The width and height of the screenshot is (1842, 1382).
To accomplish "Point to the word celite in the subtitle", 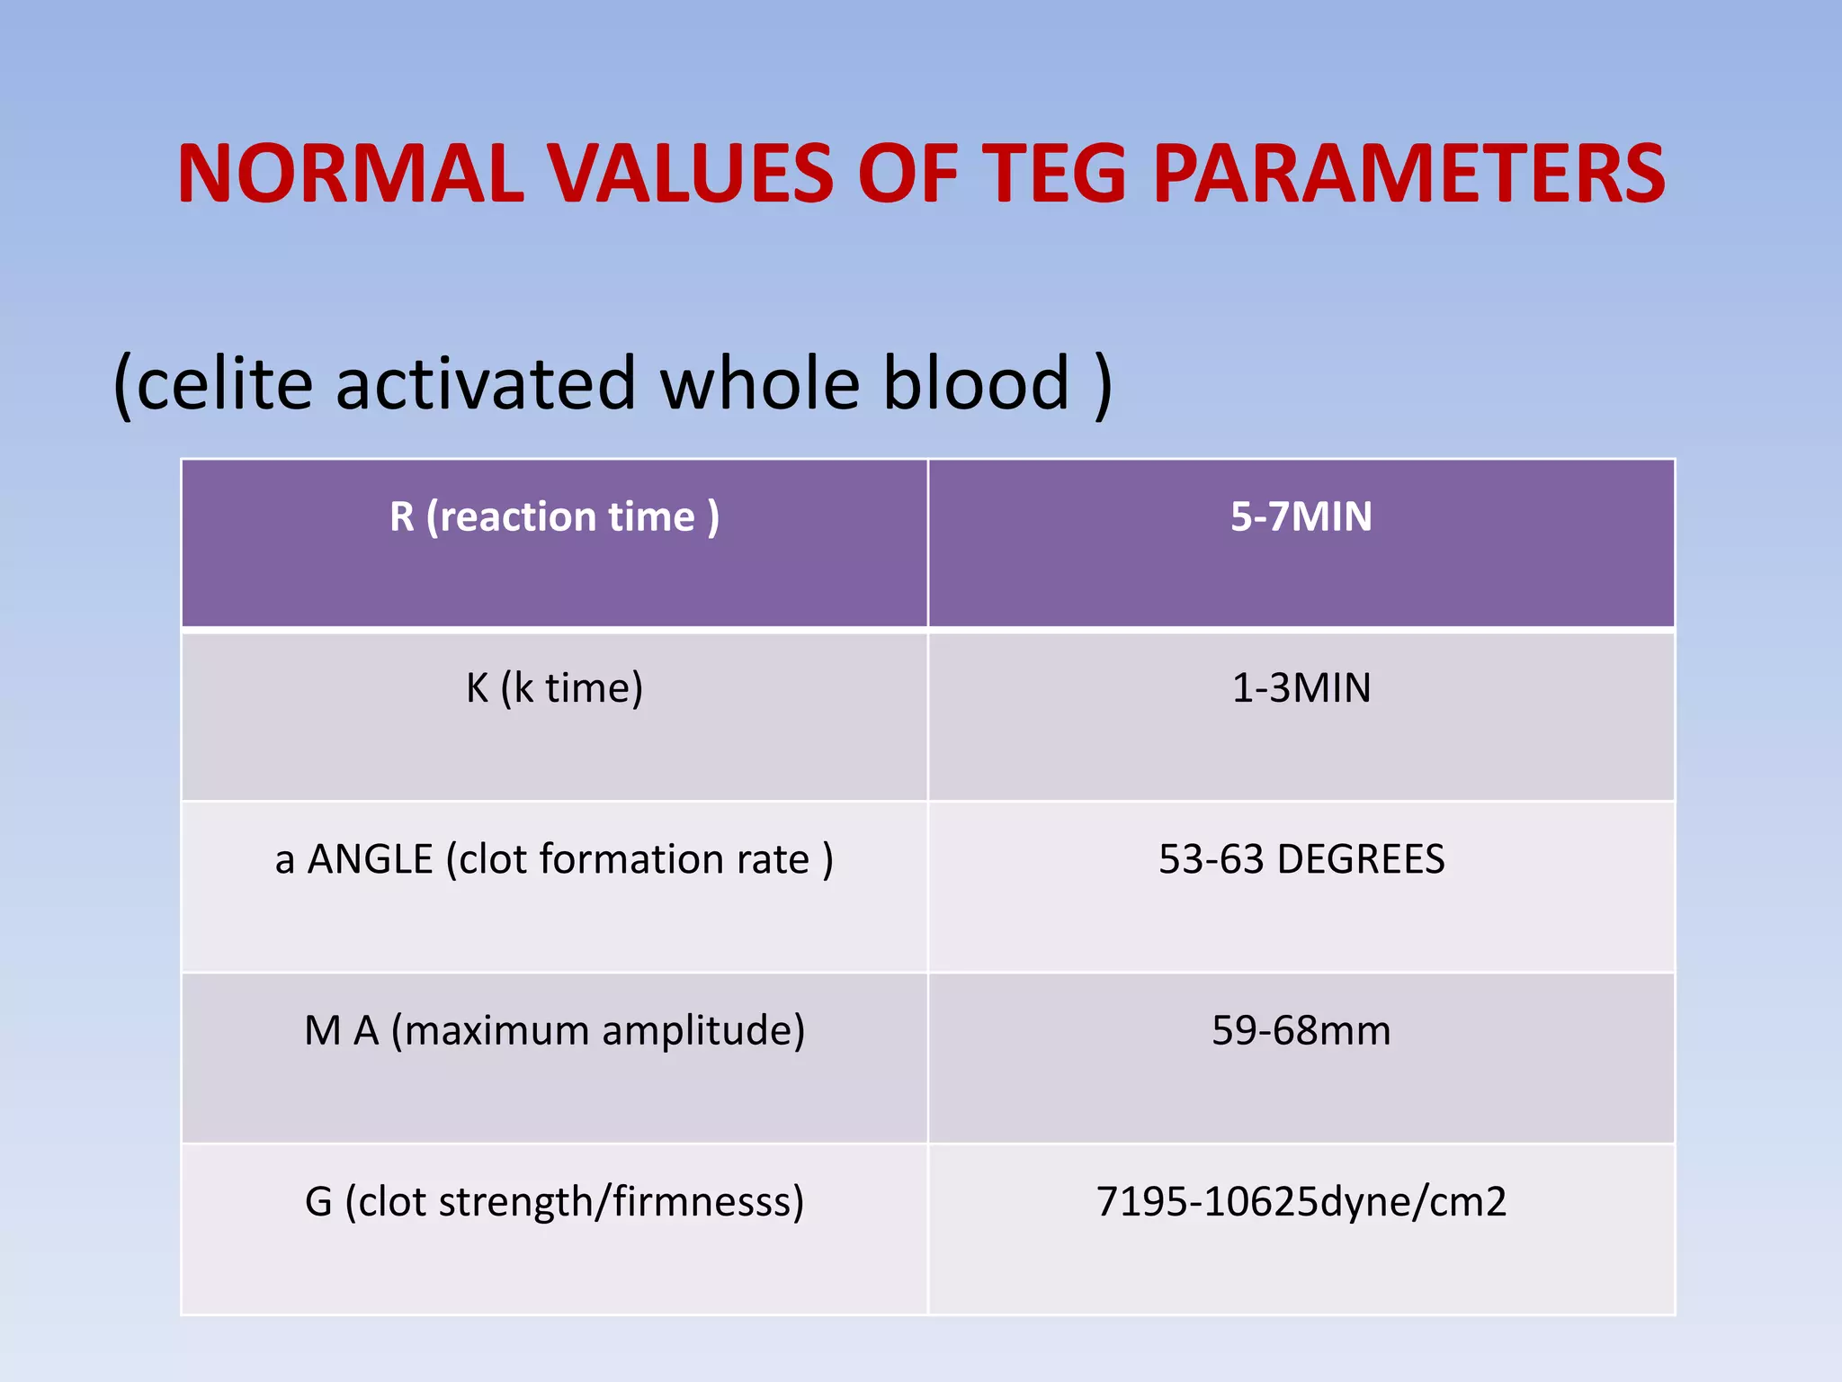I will [225, 383].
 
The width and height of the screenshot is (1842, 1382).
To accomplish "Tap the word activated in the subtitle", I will [486, 383].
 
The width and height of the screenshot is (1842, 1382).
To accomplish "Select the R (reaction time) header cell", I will [554, 517].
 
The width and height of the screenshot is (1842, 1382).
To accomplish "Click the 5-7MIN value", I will [1301, 517].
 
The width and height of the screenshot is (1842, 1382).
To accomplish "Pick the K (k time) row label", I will [554, 688].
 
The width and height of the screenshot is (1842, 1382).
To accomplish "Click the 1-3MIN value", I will [1301, 688].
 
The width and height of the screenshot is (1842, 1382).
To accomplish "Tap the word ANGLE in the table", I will [371, 859].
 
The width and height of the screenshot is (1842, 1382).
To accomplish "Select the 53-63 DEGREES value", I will [1301, 859].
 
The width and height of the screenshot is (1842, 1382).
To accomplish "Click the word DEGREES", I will [1360, 859].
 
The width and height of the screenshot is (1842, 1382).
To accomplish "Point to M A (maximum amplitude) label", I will [554, 1031].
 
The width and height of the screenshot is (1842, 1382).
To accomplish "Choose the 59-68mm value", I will [1301, 1031].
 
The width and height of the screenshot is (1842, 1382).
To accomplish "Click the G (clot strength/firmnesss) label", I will [554, 1202].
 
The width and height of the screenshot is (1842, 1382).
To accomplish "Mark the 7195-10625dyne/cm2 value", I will [1301, 1202].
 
